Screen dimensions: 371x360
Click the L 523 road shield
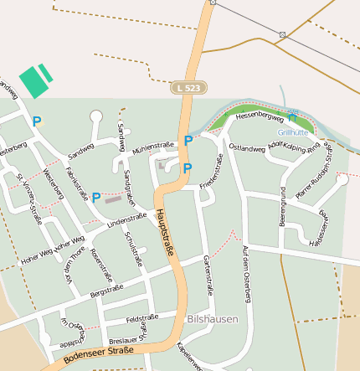click(188, 87)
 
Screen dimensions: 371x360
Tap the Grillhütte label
click(293, 132)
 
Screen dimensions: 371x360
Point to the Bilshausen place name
click(213, 319)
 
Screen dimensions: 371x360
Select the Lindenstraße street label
click(127, 219)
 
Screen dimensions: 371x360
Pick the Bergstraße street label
click(106, 290)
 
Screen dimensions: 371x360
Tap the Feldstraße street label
click(141, 318)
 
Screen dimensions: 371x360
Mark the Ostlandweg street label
click(247, 148)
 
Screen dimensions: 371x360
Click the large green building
click(33, 81)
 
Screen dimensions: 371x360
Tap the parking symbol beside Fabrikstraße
click(96, 198)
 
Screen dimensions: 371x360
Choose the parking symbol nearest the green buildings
click(36, 121)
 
